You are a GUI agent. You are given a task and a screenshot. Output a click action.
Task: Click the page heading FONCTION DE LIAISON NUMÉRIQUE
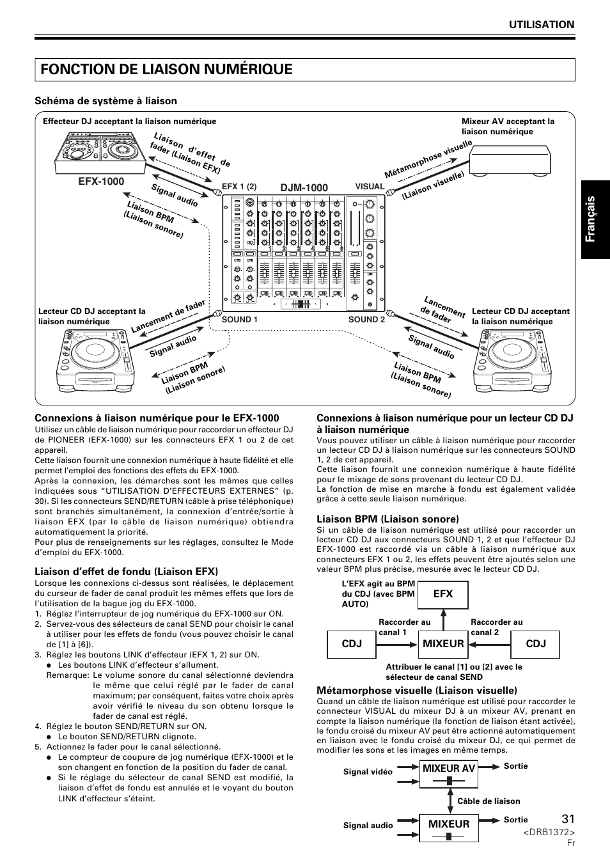(166, 69)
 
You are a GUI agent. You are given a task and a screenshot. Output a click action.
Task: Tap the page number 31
(568, 819)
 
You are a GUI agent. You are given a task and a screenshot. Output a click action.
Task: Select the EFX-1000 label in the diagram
(101, 182)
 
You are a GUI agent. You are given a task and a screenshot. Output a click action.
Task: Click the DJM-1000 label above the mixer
(304, 187)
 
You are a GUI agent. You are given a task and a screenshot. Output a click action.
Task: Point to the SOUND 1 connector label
(240, 319)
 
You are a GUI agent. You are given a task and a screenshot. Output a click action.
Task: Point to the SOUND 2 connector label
(366, 319)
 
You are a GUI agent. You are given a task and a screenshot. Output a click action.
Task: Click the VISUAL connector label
(370, 187)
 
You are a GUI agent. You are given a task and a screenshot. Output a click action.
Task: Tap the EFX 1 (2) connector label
(239, 187)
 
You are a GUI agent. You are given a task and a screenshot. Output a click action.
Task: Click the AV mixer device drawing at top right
(510, 160)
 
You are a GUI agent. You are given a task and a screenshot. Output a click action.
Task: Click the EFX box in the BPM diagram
(442, 594)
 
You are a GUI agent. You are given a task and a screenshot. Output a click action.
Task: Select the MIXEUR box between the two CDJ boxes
(442, 643)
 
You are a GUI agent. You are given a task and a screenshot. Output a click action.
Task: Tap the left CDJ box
(352, 643)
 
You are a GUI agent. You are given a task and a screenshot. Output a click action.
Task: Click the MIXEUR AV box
(448, 769)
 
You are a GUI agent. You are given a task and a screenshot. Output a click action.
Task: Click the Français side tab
(595, 219)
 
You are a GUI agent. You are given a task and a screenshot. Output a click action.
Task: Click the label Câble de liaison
(489, 801)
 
